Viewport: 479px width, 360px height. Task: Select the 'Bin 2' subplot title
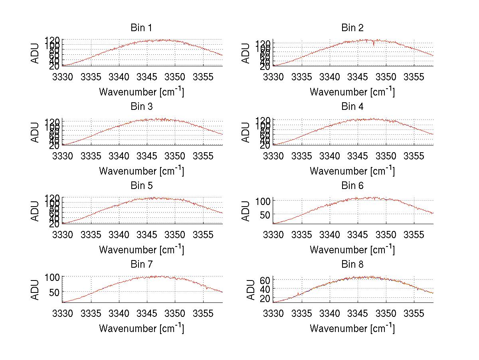click(x=352, y=28)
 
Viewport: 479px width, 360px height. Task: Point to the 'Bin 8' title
click(x=352, y=265)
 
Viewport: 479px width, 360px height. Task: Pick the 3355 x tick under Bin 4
click(x=414, y=155)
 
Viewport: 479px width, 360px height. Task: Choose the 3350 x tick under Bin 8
click(x=386, y=313)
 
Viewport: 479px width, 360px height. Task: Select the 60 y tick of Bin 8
click(x=265, y=280)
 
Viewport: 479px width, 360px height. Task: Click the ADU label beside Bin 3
click(x=36, y=133)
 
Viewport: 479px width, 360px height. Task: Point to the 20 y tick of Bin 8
click(x=265, y=298)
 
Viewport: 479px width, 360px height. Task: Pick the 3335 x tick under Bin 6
click(x=302, y=235)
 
